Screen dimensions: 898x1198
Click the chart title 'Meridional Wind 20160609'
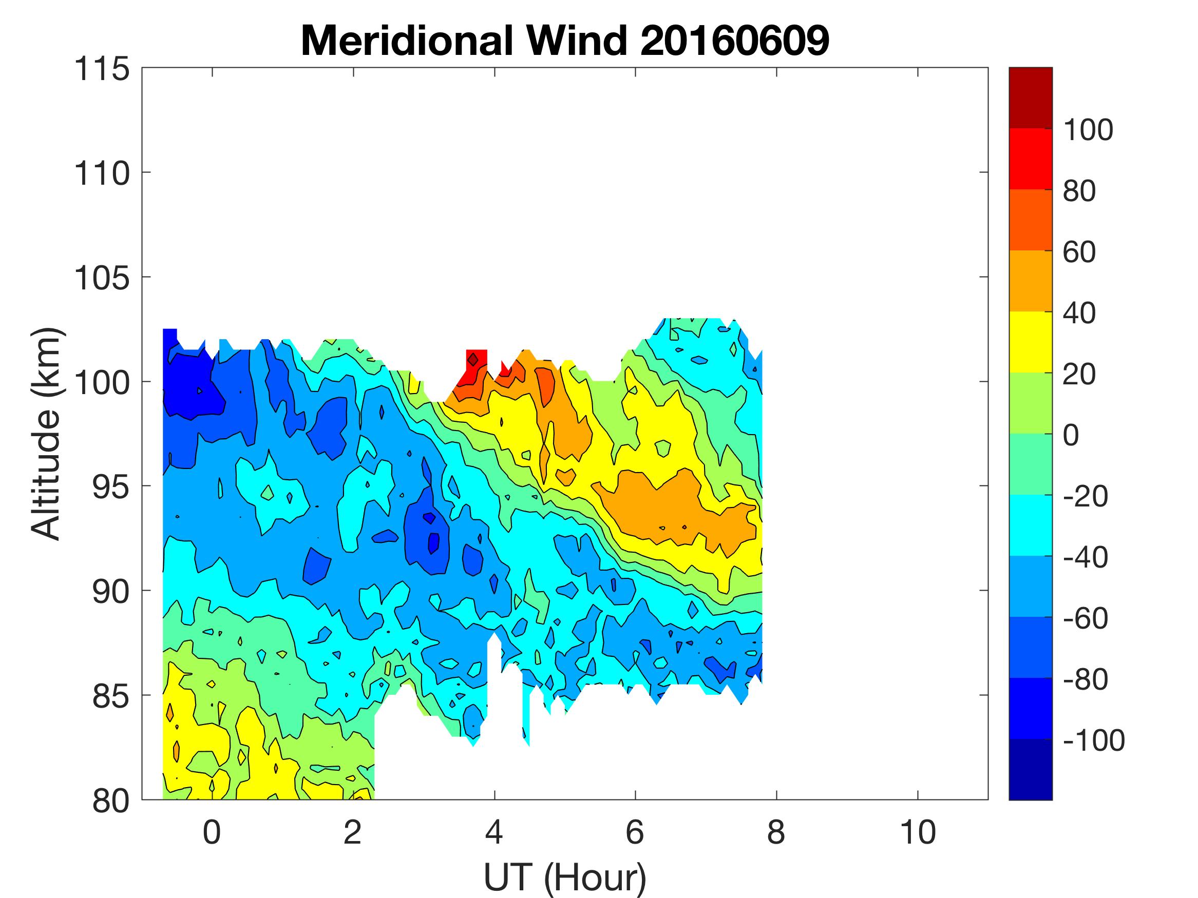[x=565, y=41]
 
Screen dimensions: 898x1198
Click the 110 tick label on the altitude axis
[x=102, y=174]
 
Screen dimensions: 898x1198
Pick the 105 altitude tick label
[x=102, y=278]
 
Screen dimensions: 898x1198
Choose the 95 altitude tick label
[x=110, y=487]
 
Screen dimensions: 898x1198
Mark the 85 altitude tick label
[x=110, y=696]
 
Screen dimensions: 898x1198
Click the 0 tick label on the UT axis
[x=212, y=832]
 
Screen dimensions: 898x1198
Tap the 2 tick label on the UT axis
[x=353, y=832]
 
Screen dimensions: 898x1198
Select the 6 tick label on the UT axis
[x=635, y=832]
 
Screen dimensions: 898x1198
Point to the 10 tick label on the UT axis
[x=918, y=832]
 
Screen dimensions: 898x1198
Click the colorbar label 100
[x=1088, y=130]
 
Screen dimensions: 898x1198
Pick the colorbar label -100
[x=1093, y=740]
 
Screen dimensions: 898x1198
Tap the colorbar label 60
[x=1079, y=252]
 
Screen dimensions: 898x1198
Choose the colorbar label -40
[x=1085, y=557]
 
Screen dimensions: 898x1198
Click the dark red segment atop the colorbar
[x=1030, y=97]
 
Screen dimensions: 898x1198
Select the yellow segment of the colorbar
[x=1030, y=342]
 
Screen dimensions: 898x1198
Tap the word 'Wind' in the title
[x=577, y=41]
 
